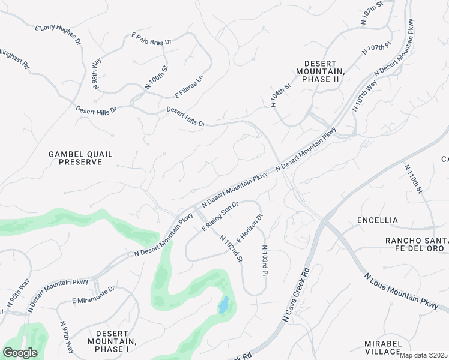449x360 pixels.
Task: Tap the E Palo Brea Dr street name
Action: (x=152, y=39)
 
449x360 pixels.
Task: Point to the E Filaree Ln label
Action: (x=190, y=86)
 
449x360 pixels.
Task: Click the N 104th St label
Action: (x=280, y=95)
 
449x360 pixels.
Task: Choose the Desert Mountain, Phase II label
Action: (x=324, y=71)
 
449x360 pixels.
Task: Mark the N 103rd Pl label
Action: (x=264, y=260)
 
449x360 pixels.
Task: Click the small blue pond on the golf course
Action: (x=223, y=305)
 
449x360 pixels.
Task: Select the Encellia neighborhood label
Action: (x=377, y=220)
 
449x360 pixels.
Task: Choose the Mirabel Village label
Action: (x=383, y=347)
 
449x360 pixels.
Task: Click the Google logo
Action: (x=20, y=353)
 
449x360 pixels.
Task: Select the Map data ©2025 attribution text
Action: (x=423, y=355)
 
